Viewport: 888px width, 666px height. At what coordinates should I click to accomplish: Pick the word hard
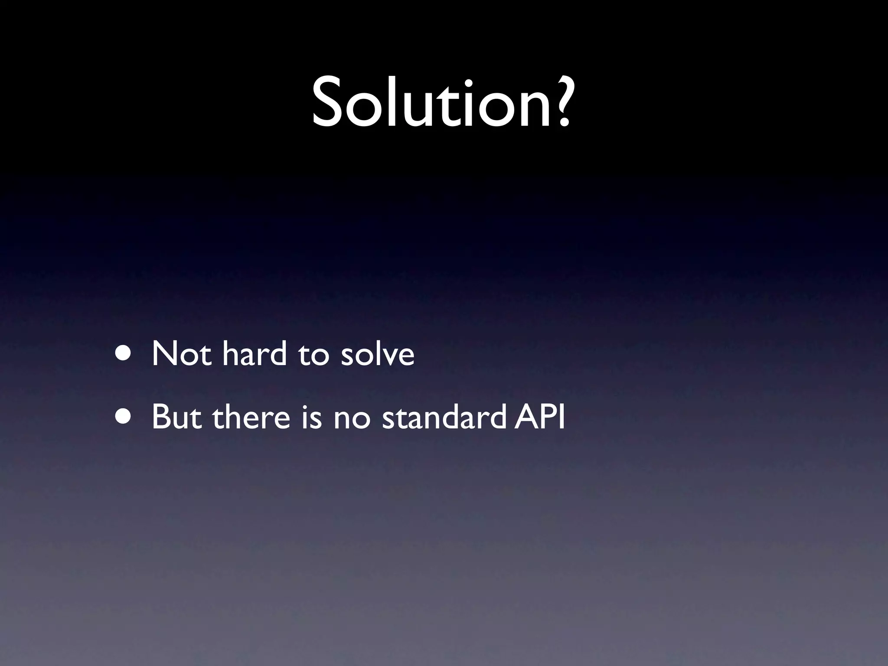pos(255,354)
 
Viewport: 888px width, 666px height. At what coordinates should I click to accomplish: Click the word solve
pos(377,354)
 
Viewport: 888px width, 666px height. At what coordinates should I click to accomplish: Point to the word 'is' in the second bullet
pos(311,417)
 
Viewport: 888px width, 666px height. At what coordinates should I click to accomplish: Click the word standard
pos(444,417)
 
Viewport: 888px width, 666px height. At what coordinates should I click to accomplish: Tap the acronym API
pos(539,417)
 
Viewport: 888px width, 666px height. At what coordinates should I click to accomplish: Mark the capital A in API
pos(526,417)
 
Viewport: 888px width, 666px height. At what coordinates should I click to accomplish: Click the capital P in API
pos(548,417)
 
